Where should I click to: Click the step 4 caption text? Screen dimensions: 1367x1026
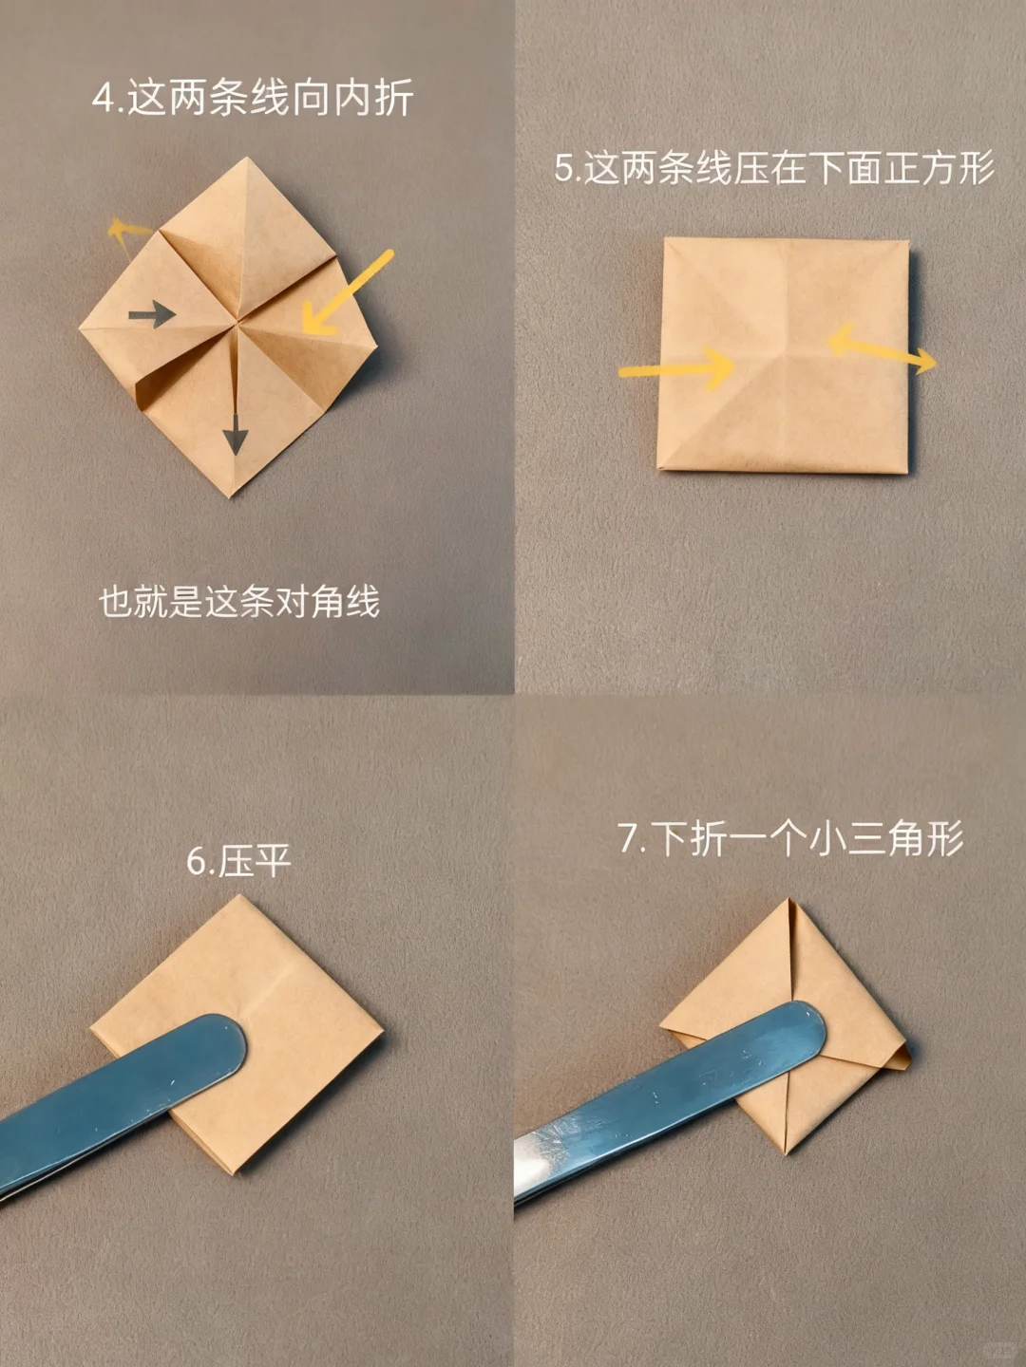click(x=253, y=99)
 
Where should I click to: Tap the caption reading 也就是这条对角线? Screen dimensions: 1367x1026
click(x=239, y=602)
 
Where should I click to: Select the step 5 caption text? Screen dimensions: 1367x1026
click(x=774, y=168)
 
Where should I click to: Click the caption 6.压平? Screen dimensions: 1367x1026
click(x=238, y=861)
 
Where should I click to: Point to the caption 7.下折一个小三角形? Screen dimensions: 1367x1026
click(x=790, y=839)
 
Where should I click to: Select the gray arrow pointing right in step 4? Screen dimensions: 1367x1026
click(x=152, y=314)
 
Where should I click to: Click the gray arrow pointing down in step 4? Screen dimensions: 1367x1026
click(x=235, y=430)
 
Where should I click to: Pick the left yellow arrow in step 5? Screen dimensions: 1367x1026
click(x=675, y=367)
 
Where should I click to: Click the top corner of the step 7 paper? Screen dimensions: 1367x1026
click(x=788, y=901)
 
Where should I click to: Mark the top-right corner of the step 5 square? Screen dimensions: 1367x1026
click(x=906, y=243)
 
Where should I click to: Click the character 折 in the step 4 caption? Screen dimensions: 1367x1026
click(x=393, y=99)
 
